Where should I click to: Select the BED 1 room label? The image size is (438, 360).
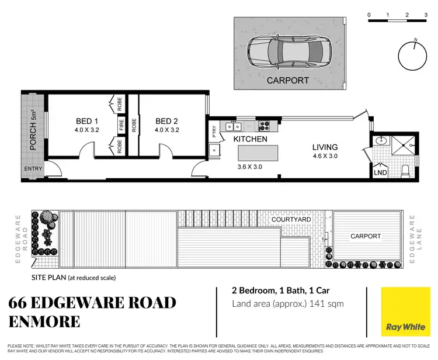(85, 122)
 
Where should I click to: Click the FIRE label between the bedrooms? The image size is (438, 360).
(121, 124)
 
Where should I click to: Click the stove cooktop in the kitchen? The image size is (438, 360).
(263, 124)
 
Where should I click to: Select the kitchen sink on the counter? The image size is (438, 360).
(234, 125)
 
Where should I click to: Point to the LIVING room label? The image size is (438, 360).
(325, 147)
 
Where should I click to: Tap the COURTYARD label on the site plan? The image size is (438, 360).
(291, 219)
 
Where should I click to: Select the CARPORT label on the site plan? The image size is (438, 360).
(365, 236)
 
